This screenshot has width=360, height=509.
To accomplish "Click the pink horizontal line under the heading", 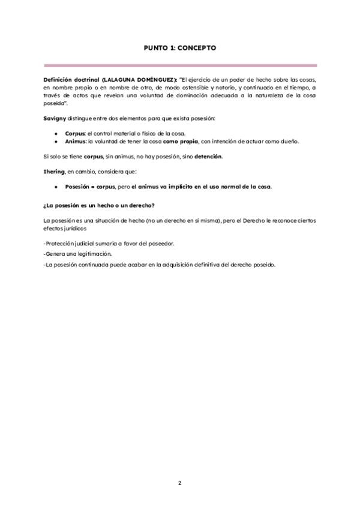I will pos(180,65).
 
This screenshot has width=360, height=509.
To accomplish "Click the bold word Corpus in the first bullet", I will pos(75,133).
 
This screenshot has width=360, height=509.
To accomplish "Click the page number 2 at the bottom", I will pos(179,483).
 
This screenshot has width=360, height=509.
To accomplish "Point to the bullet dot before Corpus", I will pos(56,133).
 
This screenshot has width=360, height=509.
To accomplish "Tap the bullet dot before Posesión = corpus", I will pos(56,187).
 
